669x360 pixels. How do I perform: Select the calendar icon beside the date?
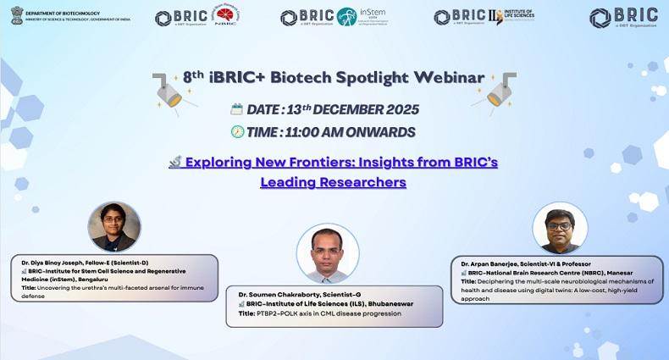click(236, 109)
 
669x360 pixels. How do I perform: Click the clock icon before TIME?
click(237, 131)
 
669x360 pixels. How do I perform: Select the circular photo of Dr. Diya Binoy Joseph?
click(113, 226)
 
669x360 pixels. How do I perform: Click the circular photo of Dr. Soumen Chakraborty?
click(327, 253)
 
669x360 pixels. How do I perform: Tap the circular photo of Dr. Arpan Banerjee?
click(560, 229)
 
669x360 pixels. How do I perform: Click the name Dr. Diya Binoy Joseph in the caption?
click(56, 263)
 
